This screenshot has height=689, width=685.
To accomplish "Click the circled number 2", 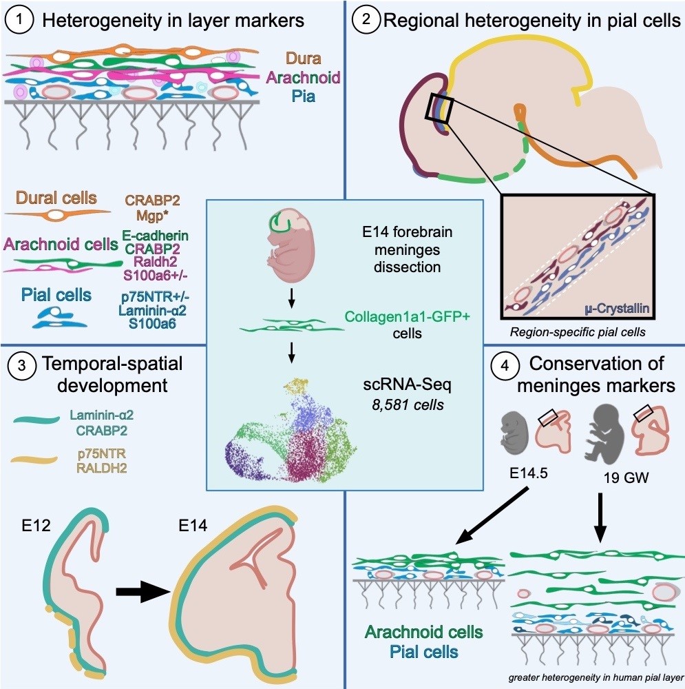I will (x=365, y=20).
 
